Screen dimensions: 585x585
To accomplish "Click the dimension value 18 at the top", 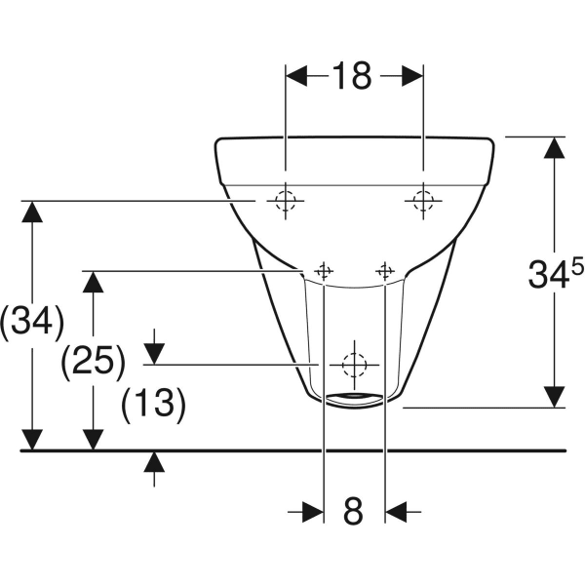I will click(x=353, y=75).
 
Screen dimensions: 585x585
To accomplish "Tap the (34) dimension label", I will click(x=32, y=321).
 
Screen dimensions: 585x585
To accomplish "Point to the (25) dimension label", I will click(x=93, y=362).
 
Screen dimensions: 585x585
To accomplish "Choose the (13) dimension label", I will click(x=153, y=403).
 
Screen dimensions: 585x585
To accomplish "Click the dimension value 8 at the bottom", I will click(x=353, y=509).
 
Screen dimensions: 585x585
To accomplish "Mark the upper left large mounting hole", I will click(x=284, y=201).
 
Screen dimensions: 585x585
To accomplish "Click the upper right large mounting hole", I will click(x=422, y=201).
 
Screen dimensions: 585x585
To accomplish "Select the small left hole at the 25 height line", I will click(x=325, y=270).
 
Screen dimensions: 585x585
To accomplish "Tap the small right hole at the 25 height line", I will click(x=386, y=270).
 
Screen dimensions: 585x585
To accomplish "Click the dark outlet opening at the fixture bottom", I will click(x=355, y=397).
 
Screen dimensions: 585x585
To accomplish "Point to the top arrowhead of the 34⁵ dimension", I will click(x=554, y=148).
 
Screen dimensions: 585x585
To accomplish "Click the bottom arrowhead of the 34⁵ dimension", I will click(x=554, y=395).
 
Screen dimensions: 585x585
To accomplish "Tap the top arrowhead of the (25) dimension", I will click(x=94, y=282).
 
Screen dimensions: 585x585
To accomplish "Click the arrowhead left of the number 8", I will click(x=312, y=509).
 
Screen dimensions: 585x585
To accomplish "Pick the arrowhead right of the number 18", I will click(x=410, y=75).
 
